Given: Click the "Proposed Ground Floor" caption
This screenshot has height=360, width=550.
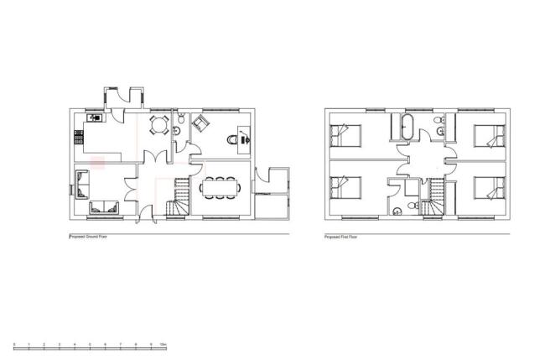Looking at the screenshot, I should click(89, 237).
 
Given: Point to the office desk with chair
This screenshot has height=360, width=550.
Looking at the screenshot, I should click(241, 137).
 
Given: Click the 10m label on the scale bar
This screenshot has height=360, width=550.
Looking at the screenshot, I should click(164, 344).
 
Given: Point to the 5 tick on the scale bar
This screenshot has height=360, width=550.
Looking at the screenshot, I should click(90, 344).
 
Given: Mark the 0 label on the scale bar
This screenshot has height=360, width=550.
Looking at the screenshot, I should click(13, 344).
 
